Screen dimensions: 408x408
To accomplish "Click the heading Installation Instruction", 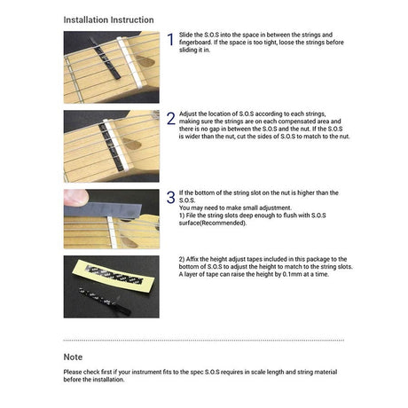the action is pyautogui.click(x=108, y=20).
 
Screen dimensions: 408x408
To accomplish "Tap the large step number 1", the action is pyautogui.click(x=170, y=40).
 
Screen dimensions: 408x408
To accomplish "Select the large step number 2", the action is pyautogui.click(x=171, y=119).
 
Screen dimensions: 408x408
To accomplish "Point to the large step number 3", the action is pyautogui.click(x=171, y=197).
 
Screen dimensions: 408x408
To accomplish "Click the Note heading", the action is pyautogui.click(x=73, y=357).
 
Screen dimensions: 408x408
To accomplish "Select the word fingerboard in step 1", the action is pyautogui.click(x=195, y=42).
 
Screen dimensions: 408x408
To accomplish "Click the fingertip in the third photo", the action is pyautogui.click(x=75, y=197).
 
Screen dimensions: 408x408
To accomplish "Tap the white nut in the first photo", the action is pyautogui.click(x=130, y=62).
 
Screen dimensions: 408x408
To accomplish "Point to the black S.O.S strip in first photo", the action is pyautogui.click(x=106, y=59).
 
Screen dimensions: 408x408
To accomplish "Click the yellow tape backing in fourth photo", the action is pyautogui.click(x=114, y=276).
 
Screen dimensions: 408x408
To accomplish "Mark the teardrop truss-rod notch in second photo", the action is pyautogui.click(x=132, y=144).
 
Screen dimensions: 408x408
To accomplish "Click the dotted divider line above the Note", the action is pyautogui.click(x=204, y=341).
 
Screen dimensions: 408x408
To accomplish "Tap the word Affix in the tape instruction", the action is pyautogui.click(x=192, y=259).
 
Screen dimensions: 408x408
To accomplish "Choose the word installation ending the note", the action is pyautogui.click(x=108, y=380).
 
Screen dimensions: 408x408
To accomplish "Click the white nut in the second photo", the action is pyautogui.click(x=115, y=145).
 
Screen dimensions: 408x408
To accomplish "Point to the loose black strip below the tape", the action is pyautogui.click(x=105, y=302).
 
